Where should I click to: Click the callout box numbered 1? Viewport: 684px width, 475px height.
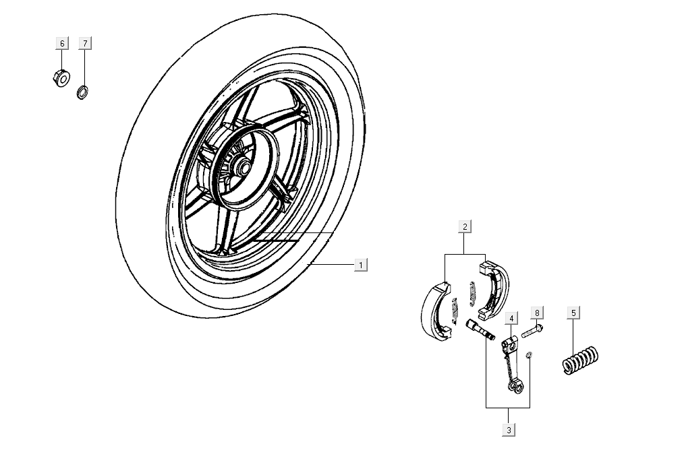tap(361, 265)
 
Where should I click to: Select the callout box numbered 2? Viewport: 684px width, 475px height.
tap(465, 226)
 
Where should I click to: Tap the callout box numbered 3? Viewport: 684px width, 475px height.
tap(509, 429)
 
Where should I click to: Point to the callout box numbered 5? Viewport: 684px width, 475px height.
tap(573, 313)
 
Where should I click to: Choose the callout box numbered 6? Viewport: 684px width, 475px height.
tap(62, 44)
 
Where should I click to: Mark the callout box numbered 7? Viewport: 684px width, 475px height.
tap(84, 44)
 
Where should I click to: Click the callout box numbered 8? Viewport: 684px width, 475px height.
tap(537, 313)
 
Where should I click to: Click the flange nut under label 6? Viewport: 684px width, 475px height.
tap(60, 78)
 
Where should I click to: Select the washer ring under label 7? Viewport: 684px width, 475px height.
tap(83, 91)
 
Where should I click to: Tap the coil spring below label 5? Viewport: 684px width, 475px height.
tap(581, 359)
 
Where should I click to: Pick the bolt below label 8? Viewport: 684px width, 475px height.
tap(532, 331)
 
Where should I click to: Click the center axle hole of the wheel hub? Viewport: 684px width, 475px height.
tap(242, 164)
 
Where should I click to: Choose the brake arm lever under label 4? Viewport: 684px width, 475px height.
tap(511, 364)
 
